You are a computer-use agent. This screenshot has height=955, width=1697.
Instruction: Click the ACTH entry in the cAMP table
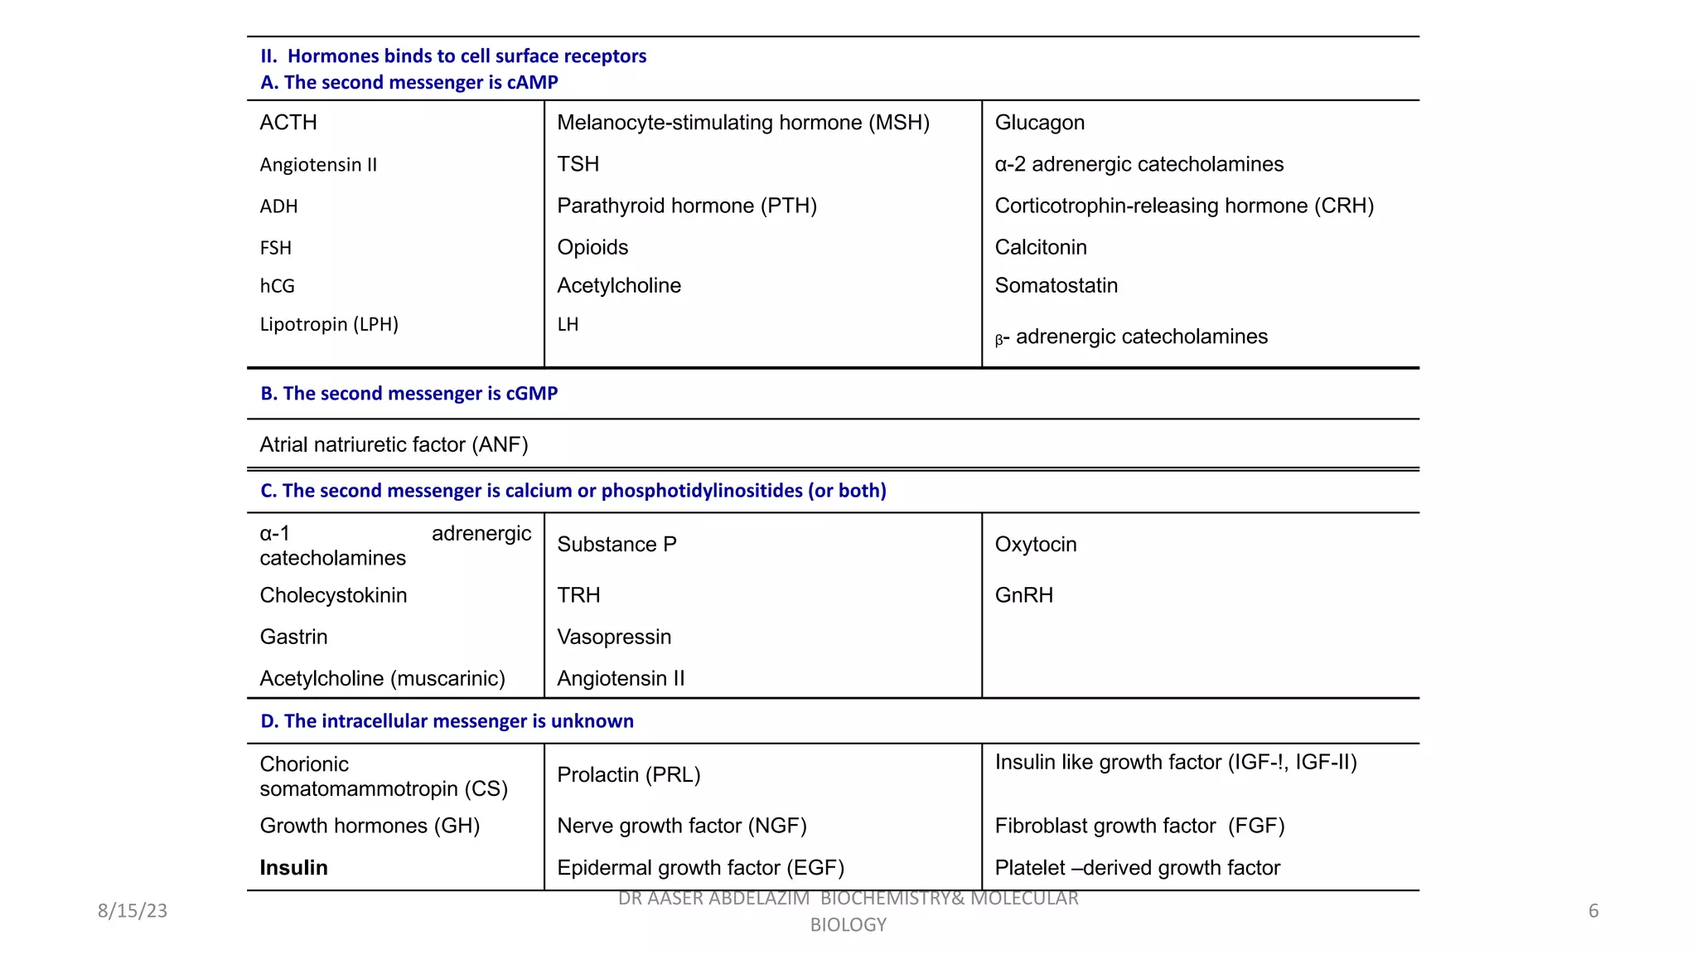pyautogui.click(x=288, y=123)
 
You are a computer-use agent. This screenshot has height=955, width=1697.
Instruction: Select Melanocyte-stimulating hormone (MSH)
pyautogui.click(x=742, y=123)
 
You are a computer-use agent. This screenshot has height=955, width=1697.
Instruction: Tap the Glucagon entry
pyautogui.click(x=1039, y=123)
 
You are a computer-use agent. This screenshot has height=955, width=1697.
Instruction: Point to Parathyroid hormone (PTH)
pyautogui.click(x=686, y=206)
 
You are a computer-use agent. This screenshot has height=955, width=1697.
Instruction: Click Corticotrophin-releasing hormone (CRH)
pyautogui.click(x=1183, y=206)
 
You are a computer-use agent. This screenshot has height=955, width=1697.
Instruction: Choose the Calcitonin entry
pyautogui.click(x=1040, y=247)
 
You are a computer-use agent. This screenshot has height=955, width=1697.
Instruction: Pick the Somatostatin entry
pyautogui.click(x=1056, y=285)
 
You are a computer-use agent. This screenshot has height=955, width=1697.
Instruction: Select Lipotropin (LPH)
pyautogui.click(x=329, y=324)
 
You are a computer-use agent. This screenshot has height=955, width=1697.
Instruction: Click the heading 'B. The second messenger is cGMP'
pyautogui.click(x=409, y=393)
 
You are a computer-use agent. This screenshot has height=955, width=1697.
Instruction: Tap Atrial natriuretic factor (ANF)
pyautogui.click(x=394, y=444)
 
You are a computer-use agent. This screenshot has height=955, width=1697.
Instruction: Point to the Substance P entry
pyautogui.click(x=616, y=544)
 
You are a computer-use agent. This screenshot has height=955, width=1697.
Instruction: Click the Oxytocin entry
pyautogui.click(x=1035, y=544)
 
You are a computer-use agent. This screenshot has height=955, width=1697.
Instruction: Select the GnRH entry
pyautogui.click(x=1023, y=595)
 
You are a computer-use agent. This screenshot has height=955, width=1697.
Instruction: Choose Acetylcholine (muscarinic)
pyautogui.click(x=382, y=678)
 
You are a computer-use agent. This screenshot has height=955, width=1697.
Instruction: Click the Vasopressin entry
pyautogui.click(x=614, y=637)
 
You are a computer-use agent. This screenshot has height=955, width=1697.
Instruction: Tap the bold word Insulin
pyautogui.click(x=293, y=867)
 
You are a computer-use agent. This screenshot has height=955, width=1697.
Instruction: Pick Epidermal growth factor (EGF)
pyautogui.click(x=700, y=867)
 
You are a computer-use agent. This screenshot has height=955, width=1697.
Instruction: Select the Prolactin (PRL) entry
pyautogui.click(x=628, y=774)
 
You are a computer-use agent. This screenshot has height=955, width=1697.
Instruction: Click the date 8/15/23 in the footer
pyautogui.click(x=133, y=910)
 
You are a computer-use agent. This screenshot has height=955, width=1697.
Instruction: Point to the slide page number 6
pyautogui.click(x=1593, y=910)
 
